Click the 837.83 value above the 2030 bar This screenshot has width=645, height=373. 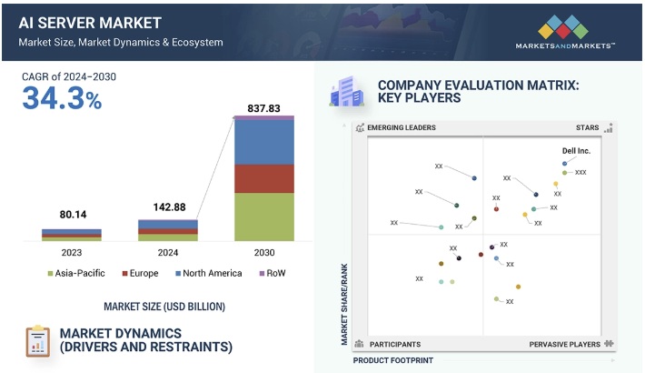pyautogui.click(x=264, y=109)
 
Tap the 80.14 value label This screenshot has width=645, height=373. pyautogui.click(x=71, y=216)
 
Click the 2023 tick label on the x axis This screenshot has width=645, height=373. pyautogui.click(x=71, y=252)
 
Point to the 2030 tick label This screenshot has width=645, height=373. pyautogui.click(x=264, y=252)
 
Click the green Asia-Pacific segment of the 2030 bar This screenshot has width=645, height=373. pyautogui.click(x=264, y=217)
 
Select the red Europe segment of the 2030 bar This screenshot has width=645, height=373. pyautogui.click(x=264, y=178)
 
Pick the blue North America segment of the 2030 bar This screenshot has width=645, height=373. pyautogui.click(x=264, y=142)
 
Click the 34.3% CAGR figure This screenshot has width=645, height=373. pyautogui.click(x=62, y=99)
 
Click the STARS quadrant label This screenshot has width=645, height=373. pyautogui.click(x=587, y=128)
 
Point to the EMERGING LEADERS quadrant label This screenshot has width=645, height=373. pyautogui.click(x=401, y=128)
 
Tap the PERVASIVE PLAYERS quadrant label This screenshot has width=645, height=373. pyautogui.click(x=564, y=345)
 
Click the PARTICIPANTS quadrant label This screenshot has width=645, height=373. pyautogui.click(x=394, y=345)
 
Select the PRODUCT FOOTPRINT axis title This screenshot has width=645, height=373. pyautogui.click(x=392, y=361)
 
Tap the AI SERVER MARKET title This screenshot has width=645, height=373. pyautogui.click(x=79, y=23)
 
